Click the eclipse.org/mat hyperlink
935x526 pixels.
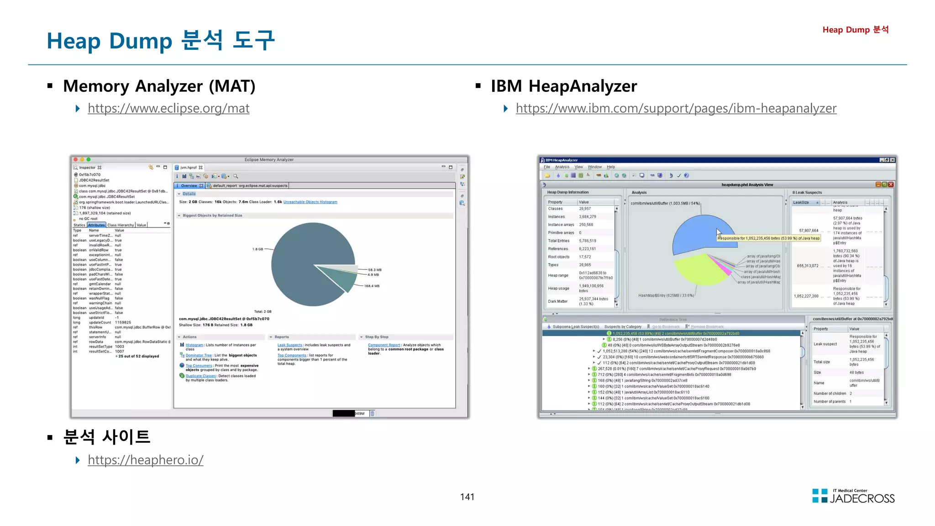(168, 108)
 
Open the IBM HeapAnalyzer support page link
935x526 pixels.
(676, 108)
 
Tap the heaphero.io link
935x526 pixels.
(145, 460)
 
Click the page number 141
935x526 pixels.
(467, 497)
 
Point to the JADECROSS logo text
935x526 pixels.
(862, 499)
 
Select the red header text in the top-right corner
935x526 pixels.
(855, 30)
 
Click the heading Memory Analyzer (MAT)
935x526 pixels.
(159, 86)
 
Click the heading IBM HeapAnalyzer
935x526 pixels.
(563, 86)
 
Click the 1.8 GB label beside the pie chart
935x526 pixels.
(257, 249)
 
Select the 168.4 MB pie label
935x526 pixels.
(372, 286)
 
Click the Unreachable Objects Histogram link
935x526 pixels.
(310, 202)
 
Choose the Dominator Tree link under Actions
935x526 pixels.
(199, 355)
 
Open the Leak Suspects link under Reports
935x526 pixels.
(289, 345)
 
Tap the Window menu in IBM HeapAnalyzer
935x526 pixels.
(594, 167)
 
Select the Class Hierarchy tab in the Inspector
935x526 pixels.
(121, 225)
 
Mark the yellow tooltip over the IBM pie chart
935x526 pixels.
(769, 238)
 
